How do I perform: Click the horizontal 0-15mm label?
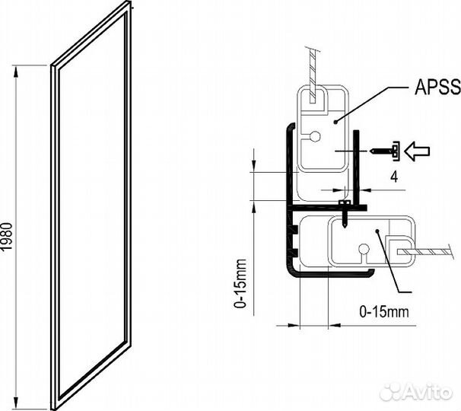click(383, 311)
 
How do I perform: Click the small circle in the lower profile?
click(364, 249)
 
